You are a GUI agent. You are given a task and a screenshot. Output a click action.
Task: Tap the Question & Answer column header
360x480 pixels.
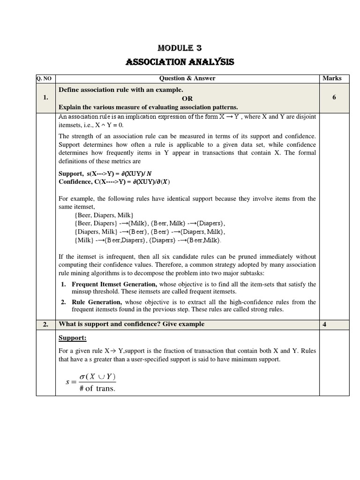[187, 78]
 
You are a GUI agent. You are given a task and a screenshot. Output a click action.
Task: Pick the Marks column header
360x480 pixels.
[332, 78]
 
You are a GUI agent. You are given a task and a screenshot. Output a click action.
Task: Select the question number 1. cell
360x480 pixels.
[45, 97]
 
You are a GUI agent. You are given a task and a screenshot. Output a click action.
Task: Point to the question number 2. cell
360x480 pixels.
[45, 324]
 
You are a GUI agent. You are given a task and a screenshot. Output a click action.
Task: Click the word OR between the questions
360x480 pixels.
[187, 98]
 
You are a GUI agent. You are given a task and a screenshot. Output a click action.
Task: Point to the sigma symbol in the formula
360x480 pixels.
[84, 377]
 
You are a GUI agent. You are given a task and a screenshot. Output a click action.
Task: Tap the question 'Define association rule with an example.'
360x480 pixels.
[121, 89]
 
